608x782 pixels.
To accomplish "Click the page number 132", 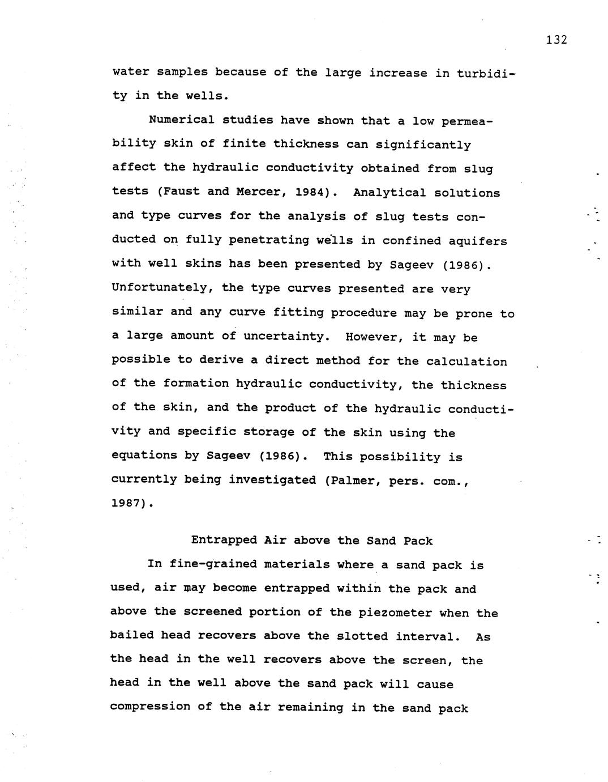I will coord(556,40).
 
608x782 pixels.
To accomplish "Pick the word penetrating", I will coord(268,240).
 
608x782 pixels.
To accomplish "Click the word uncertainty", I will coord(286,336).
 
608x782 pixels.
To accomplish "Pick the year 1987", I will coord(130,503).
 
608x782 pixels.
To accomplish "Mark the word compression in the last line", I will coord(150,707).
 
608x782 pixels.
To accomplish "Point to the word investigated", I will coord(272,480).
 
